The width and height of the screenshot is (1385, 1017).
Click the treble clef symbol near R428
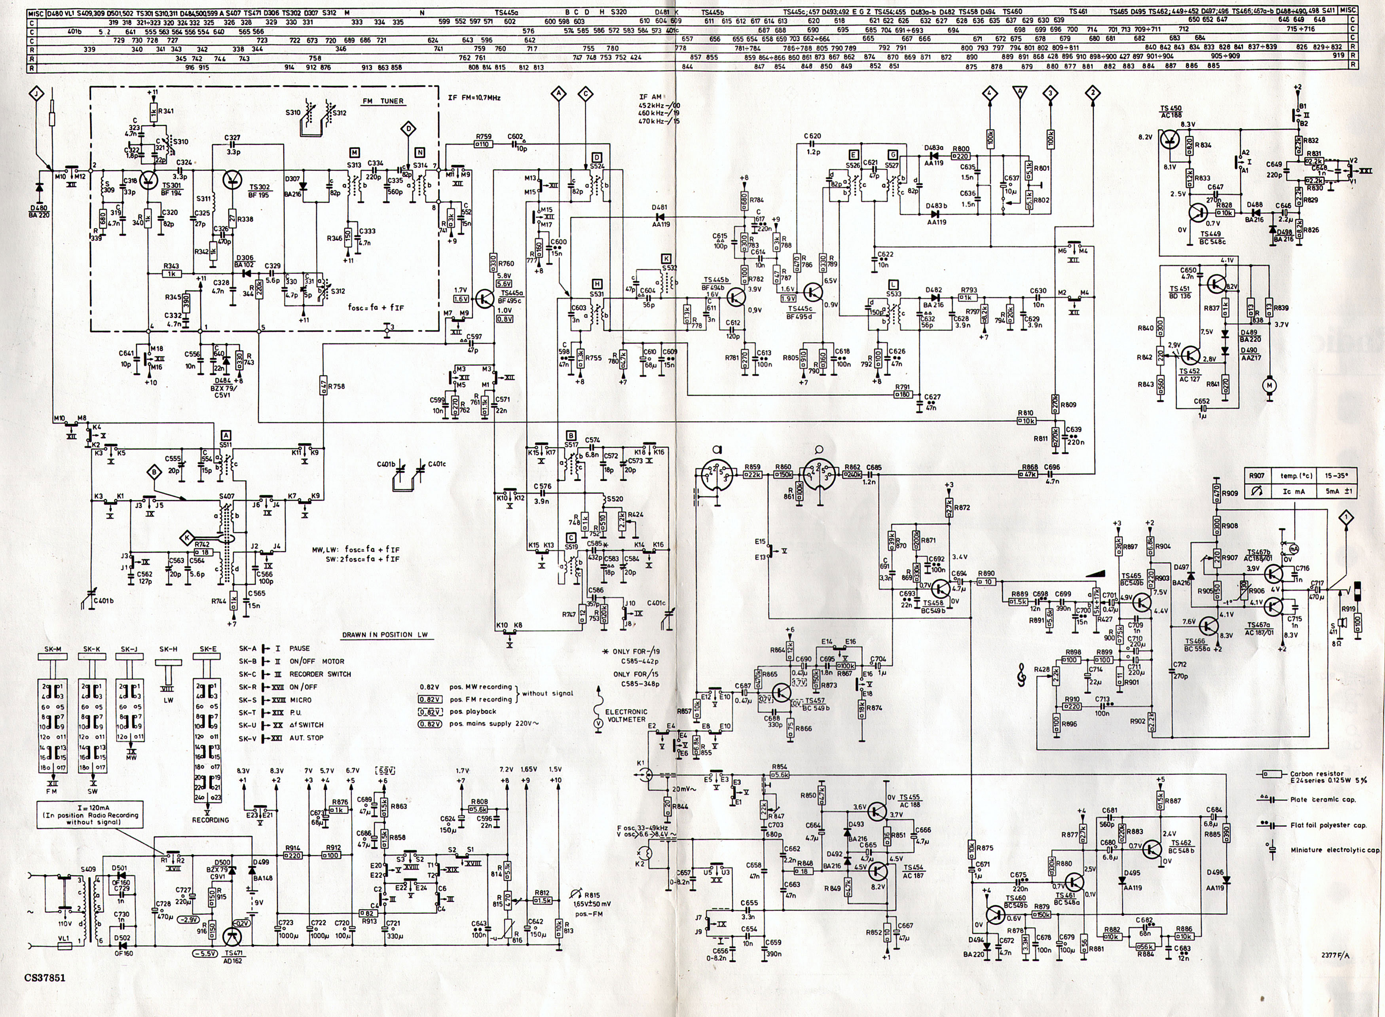point(1023,677)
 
